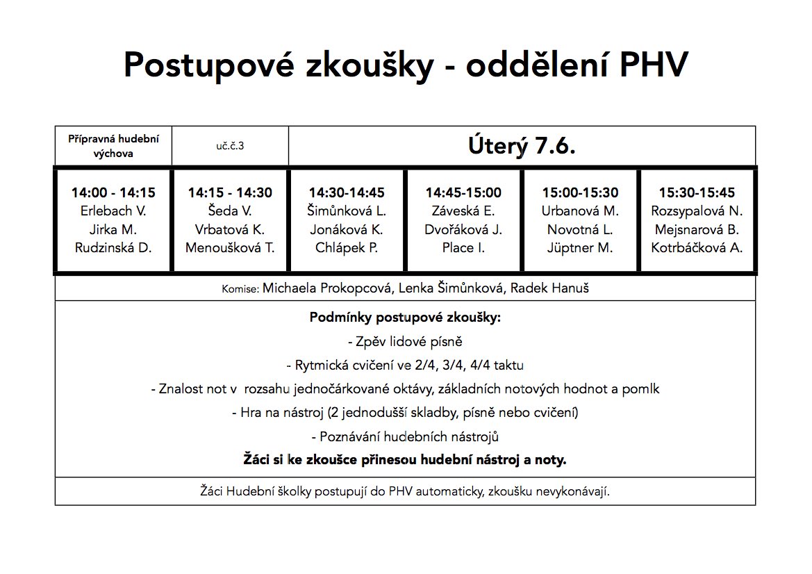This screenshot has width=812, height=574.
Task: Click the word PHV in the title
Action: coord(652,65)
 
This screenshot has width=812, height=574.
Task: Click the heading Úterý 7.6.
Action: coord(522,147)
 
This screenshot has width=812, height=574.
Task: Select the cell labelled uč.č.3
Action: coord(230,147)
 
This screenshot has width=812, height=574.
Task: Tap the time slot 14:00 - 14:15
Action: coord(113,193)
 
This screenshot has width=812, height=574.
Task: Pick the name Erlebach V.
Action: coord(113,211)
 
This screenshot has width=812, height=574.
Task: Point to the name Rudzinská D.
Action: coord(113,247)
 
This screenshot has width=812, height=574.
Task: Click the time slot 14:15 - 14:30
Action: coord(230,193)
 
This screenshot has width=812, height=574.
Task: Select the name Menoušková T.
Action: coord(230,247)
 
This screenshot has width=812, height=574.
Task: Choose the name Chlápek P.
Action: coord(347,247)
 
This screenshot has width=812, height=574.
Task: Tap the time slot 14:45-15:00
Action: coord(463,193)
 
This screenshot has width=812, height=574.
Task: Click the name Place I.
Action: coord(463,247)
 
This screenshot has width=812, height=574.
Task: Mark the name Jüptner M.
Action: coord(580,247)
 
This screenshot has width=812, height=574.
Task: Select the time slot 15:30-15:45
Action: coord(697,193)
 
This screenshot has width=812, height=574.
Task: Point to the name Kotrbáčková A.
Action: coord(697,247)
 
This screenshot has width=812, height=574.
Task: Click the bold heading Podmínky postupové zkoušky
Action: coord(405,318)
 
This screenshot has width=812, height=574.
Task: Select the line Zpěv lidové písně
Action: coord(405,342)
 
